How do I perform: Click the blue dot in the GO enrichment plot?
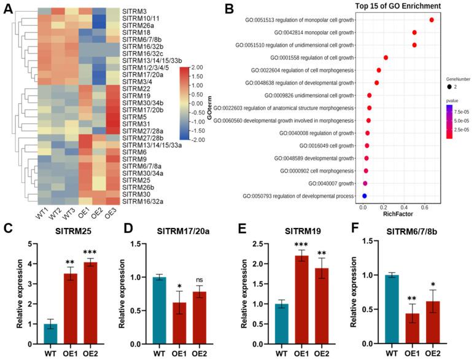364,196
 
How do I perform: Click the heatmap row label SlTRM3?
134,12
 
